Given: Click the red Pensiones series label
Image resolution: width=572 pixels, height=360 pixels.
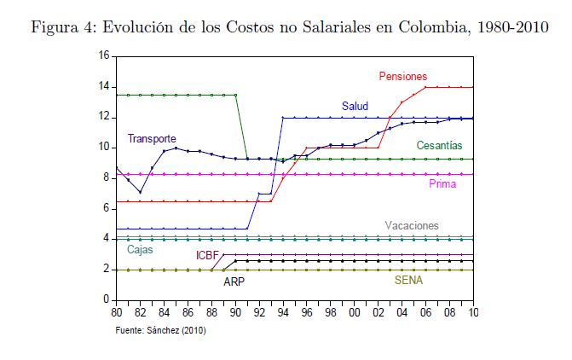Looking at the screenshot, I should click(x=403, y=77).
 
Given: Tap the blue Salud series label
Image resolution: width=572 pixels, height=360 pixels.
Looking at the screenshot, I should click(x=355, y=107).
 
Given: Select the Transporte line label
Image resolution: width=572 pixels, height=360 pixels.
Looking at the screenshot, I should click(x=152, y=138).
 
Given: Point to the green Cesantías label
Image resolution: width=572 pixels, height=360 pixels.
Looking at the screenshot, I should click(x=440, y=146).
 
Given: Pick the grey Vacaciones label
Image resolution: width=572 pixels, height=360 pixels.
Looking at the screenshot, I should click(x=412, y=226).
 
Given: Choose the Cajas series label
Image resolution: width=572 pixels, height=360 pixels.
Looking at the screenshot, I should click(x=142, y=250).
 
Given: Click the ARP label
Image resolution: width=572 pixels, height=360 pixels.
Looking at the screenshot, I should click(x=234, y=281).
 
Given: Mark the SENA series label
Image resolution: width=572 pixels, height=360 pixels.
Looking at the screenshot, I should click(x=408, y=280).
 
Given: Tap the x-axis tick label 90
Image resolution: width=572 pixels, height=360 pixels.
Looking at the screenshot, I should click(x=235, y=313).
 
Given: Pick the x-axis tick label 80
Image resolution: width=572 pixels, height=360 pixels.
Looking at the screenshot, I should click(x=117, y=313).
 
